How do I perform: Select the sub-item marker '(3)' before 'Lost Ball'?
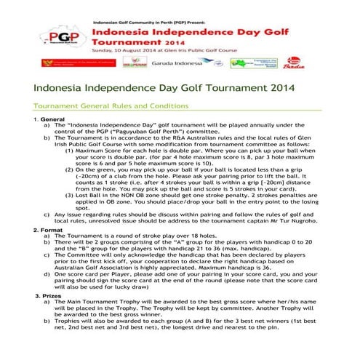[71, 216]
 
